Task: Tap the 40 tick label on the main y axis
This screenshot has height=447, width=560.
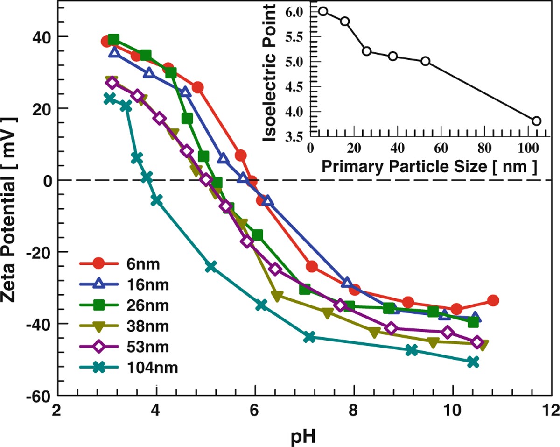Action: point(43,36)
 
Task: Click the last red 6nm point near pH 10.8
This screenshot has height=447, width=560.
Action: point(493,300)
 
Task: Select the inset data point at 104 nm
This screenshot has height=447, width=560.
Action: point(536,121)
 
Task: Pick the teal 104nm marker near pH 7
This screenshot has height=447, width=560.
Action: point(309,337)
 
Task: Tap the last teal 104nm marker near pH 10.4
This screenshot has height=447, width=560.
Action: point(473,362)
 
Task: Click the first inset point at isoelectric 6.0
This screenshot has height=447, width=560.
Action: point(323,11)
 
